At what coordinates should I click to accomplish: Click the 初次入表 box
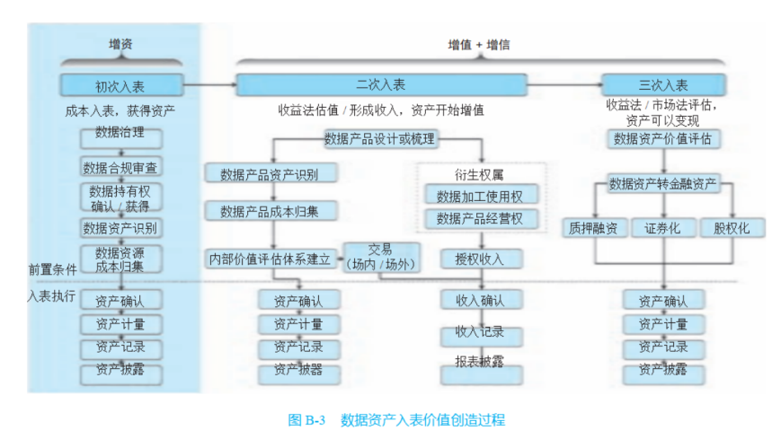[120, 86]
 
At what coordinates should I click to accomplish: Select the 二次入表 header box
[380, 85]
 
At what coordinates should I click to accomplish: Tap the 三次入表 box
[663, 86]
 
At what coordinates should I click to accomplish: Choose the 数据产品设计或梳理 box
[380, 138]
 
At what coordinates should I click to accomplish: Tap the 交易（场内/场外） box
[380, 257]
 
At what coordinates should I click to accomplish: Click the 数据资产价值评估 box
[662, 138]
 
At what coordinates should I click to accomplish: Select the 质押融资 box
[593, 228]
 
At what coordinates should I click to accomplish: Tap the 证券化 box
[662, 228]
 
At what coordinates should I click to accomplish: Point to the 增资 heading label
[121, 44]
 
